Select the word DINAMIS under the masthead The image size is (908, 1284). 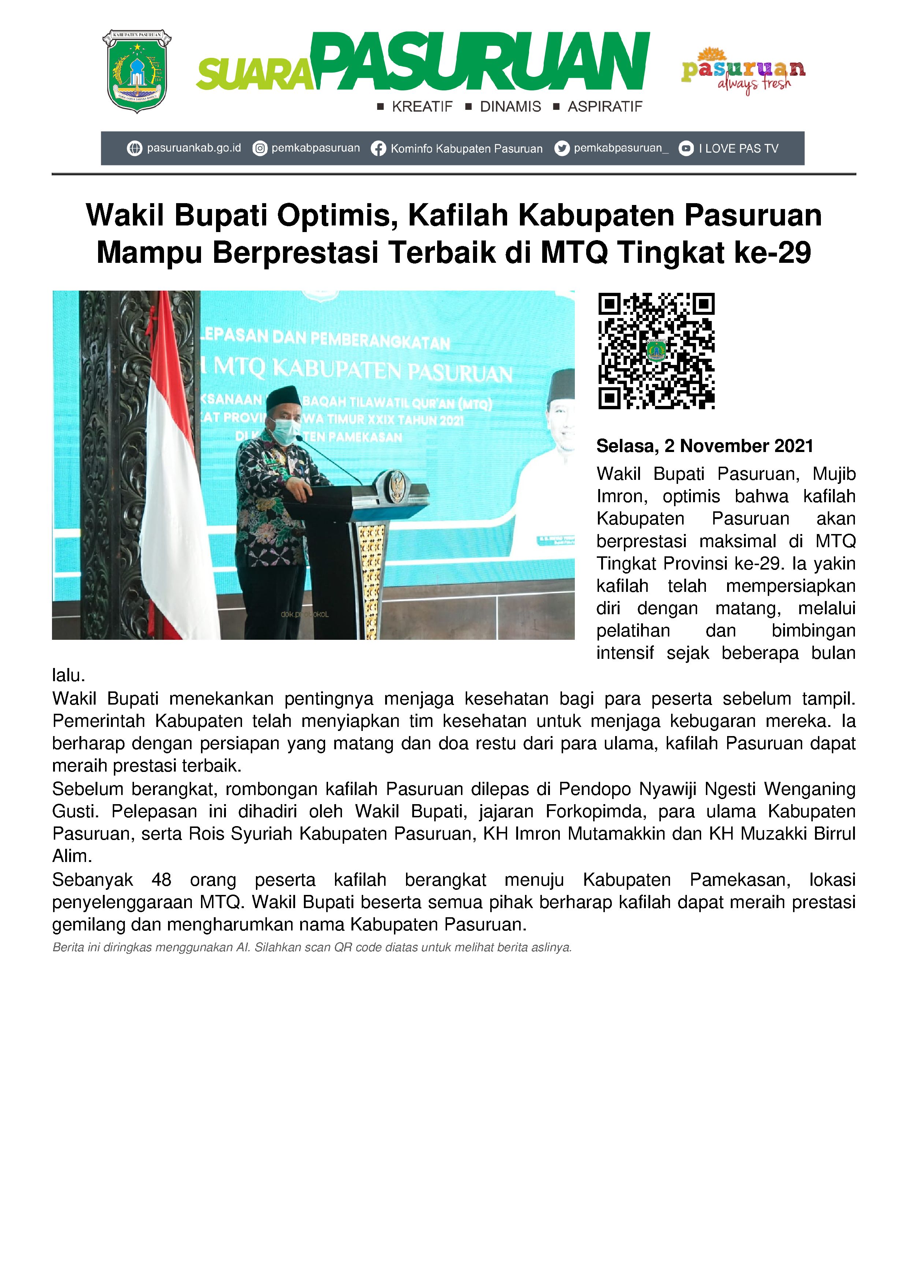(x=510, y=107)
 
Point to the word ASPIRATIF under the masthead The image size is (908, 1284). (x=605, y=107)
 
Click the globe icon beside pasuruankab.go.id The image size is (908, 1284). (x=134, y=149)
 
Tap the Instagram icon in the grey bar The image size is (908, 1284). (x=260, y=149)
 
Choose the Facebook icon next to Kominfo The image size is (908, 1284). (x=378, y=149)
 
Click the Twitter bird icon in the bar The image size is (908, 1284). (x=562, y=149)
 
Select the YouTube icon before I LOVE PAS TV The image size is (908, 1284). (x=686, y=149)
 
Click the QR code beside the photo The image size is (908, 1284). (x=656, y=351)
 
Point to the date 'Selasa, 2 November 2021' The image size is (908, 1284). (x=704, y=446)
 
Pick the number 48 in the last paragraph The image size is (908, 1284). (x=161, y=880)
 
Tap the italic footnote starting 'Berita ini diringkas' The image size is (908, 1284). (x=312, y=947)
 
